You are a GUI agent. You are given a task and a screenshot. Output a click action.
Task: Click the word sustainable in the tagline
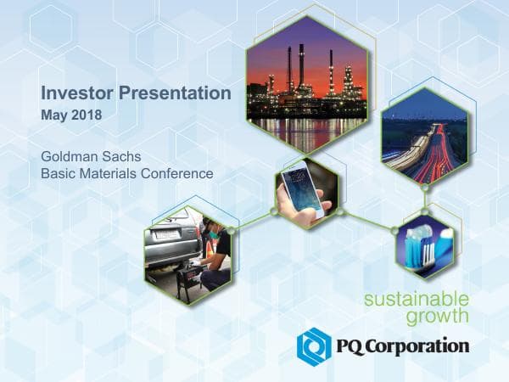tap(416, 299)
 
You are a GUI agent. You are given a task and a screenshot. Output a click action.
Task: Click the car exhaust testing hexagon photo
tap(187, 249)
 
